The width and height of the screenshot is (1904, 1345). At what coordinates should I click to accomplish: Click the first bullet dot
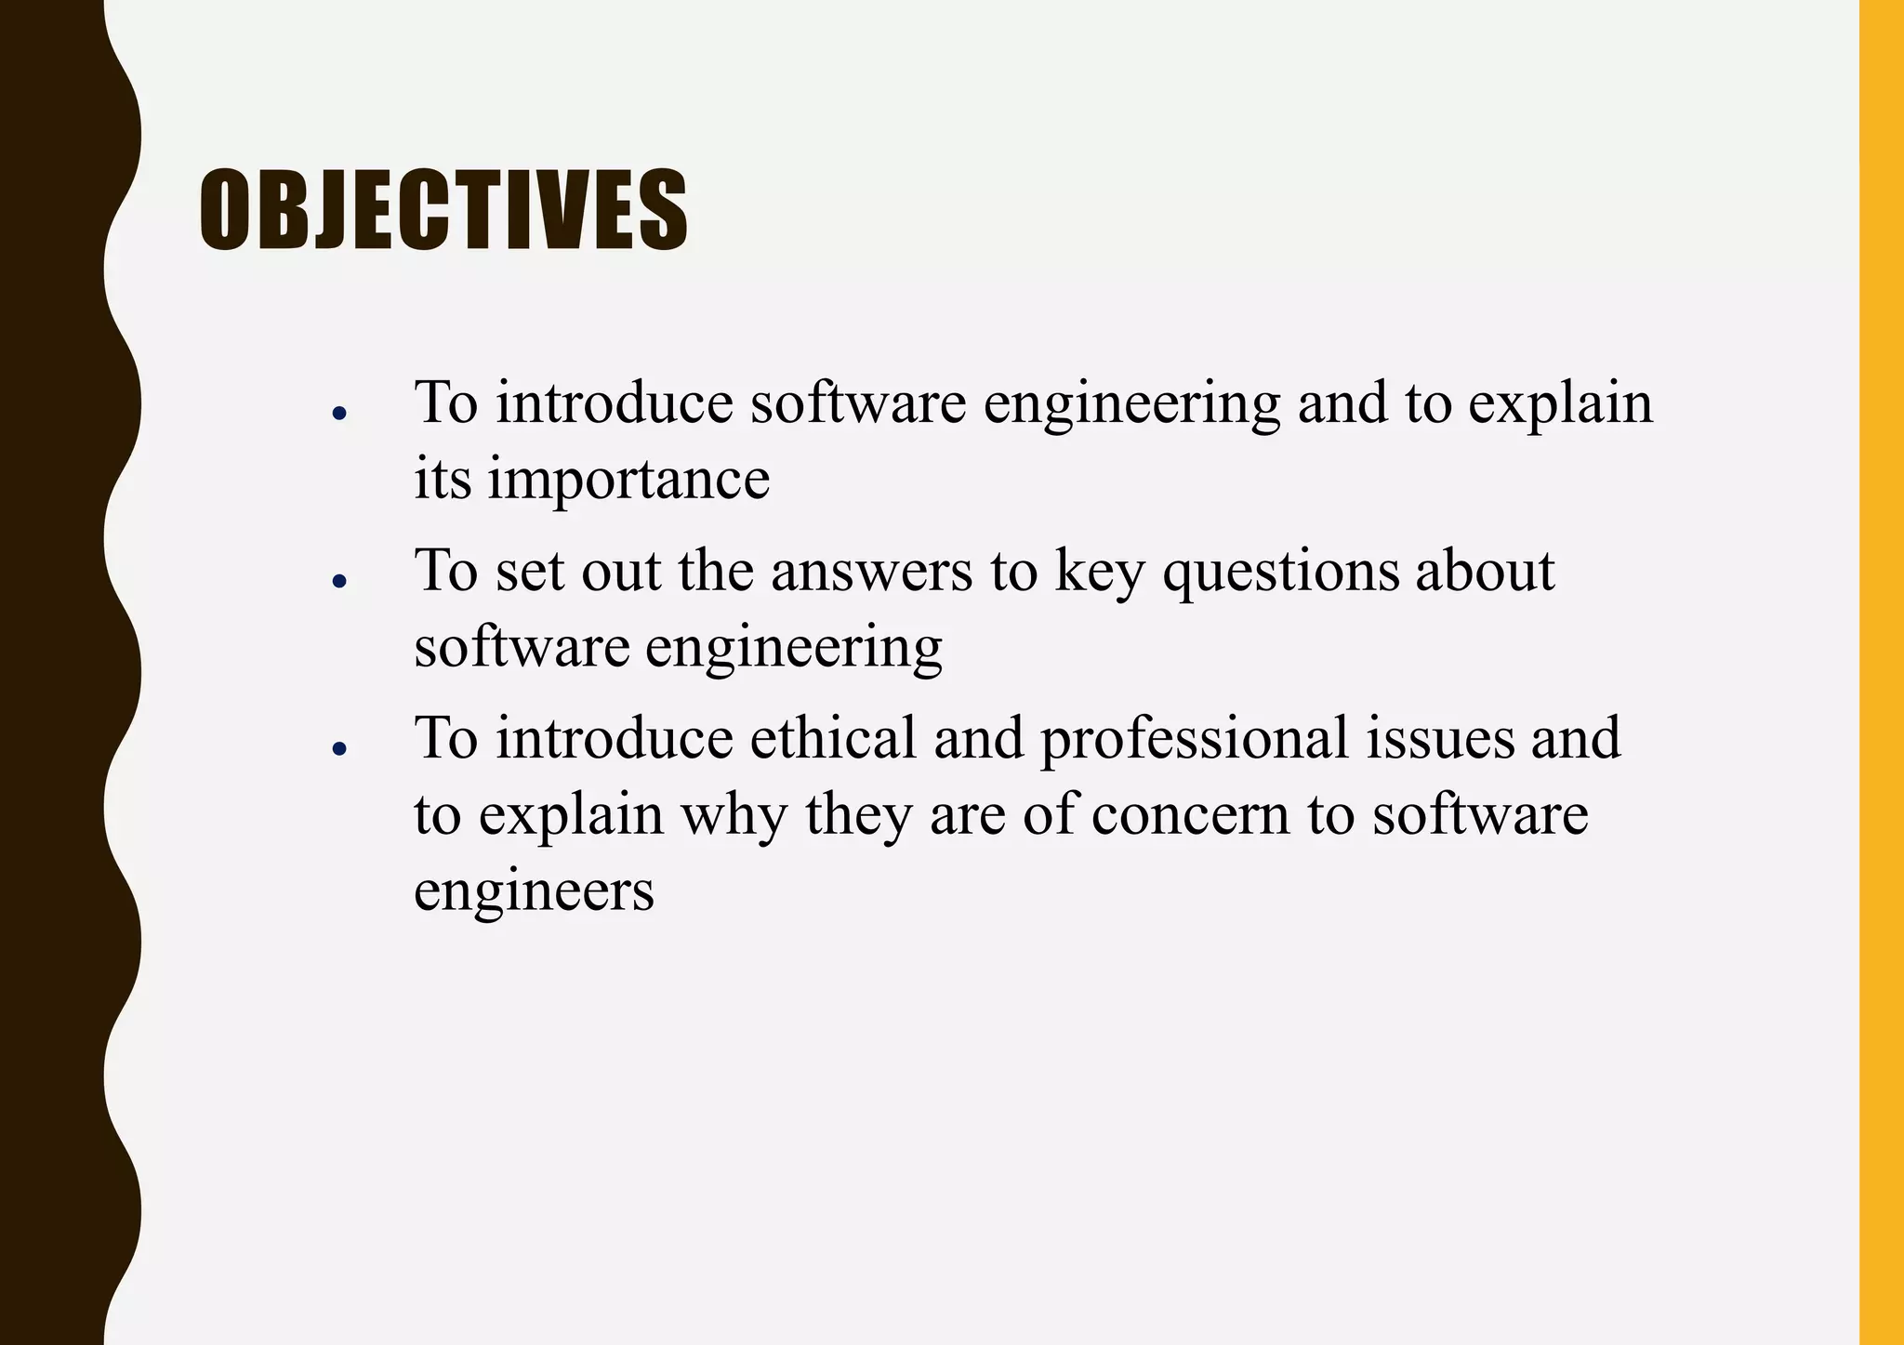[x=339, y=413]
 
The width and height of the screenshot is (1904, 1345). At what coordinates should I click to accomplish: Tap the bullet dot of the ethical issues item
[x=339, y=748]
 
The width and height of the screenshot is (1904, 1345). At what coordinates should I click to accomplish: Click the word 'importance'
[x=628, y=480]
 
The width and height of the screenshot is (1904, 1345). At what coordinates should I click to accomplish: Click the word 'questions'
[x=1280, y=573]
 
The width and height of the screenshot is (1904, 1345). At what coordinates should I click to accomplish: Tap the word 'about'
[x=1485, y=571]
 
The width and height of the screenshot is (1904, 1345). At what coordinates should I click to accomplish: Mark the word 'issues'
[x=1440, y=738]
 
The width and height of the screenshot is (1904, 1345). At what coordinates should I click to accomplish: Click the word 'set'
[x=529, y=571]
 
